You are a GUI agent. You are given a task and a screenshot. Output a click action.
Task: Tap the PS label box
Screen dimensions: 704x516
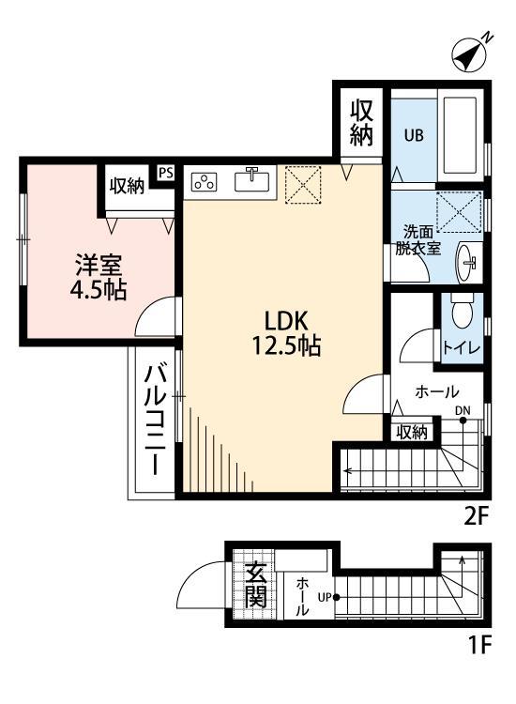tap(166, 173)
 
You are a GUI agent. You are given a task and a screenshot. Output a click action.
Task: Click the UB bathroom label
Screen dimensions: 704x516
tap(413, 134)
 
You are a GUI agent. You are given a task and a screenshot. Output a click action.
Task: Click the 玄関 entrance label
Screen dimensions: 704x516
tap(254, 584)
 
